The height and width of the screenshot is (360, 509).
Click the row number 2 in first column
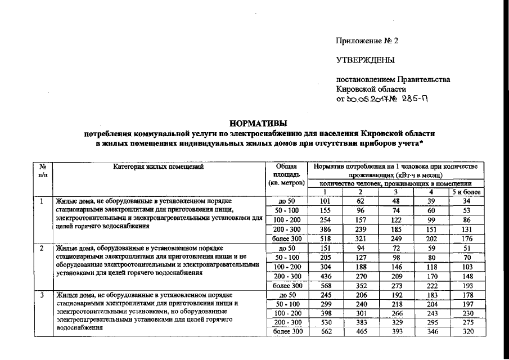(x=42, y=247)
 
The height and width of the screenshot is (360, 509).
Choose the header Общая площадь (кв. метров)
(x=286, y=175)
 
